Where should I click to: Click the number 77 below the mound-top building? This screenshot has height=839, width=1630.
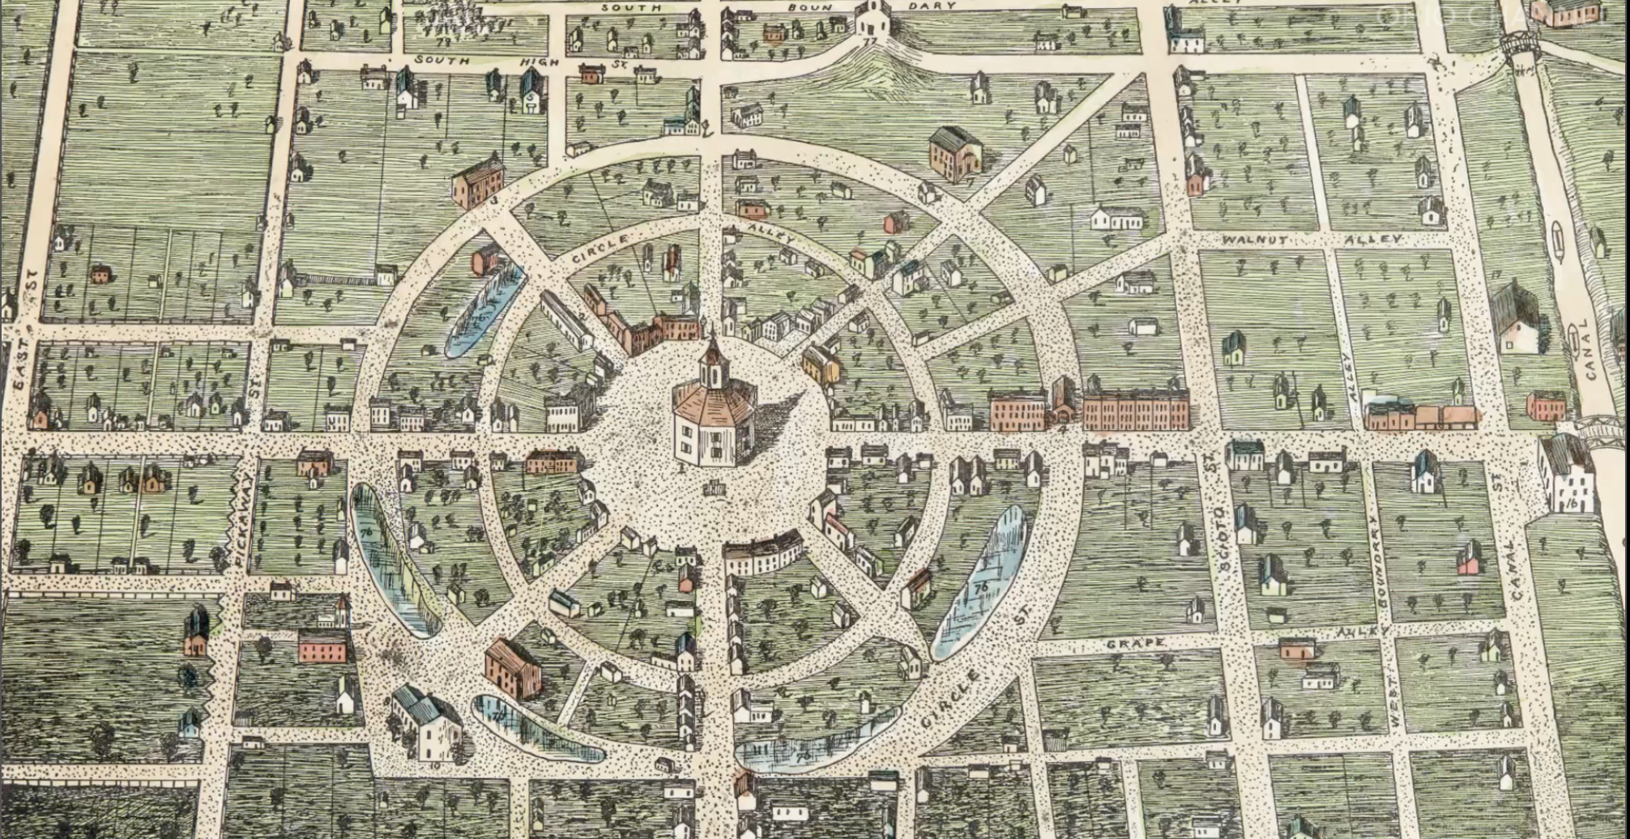(x=871, y=41)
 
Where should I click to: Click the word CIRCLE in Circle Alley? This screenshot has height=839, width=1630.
(x=600, y=248)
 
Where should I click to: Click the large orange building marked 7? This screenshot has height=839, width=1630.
(x=955, y=153)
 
